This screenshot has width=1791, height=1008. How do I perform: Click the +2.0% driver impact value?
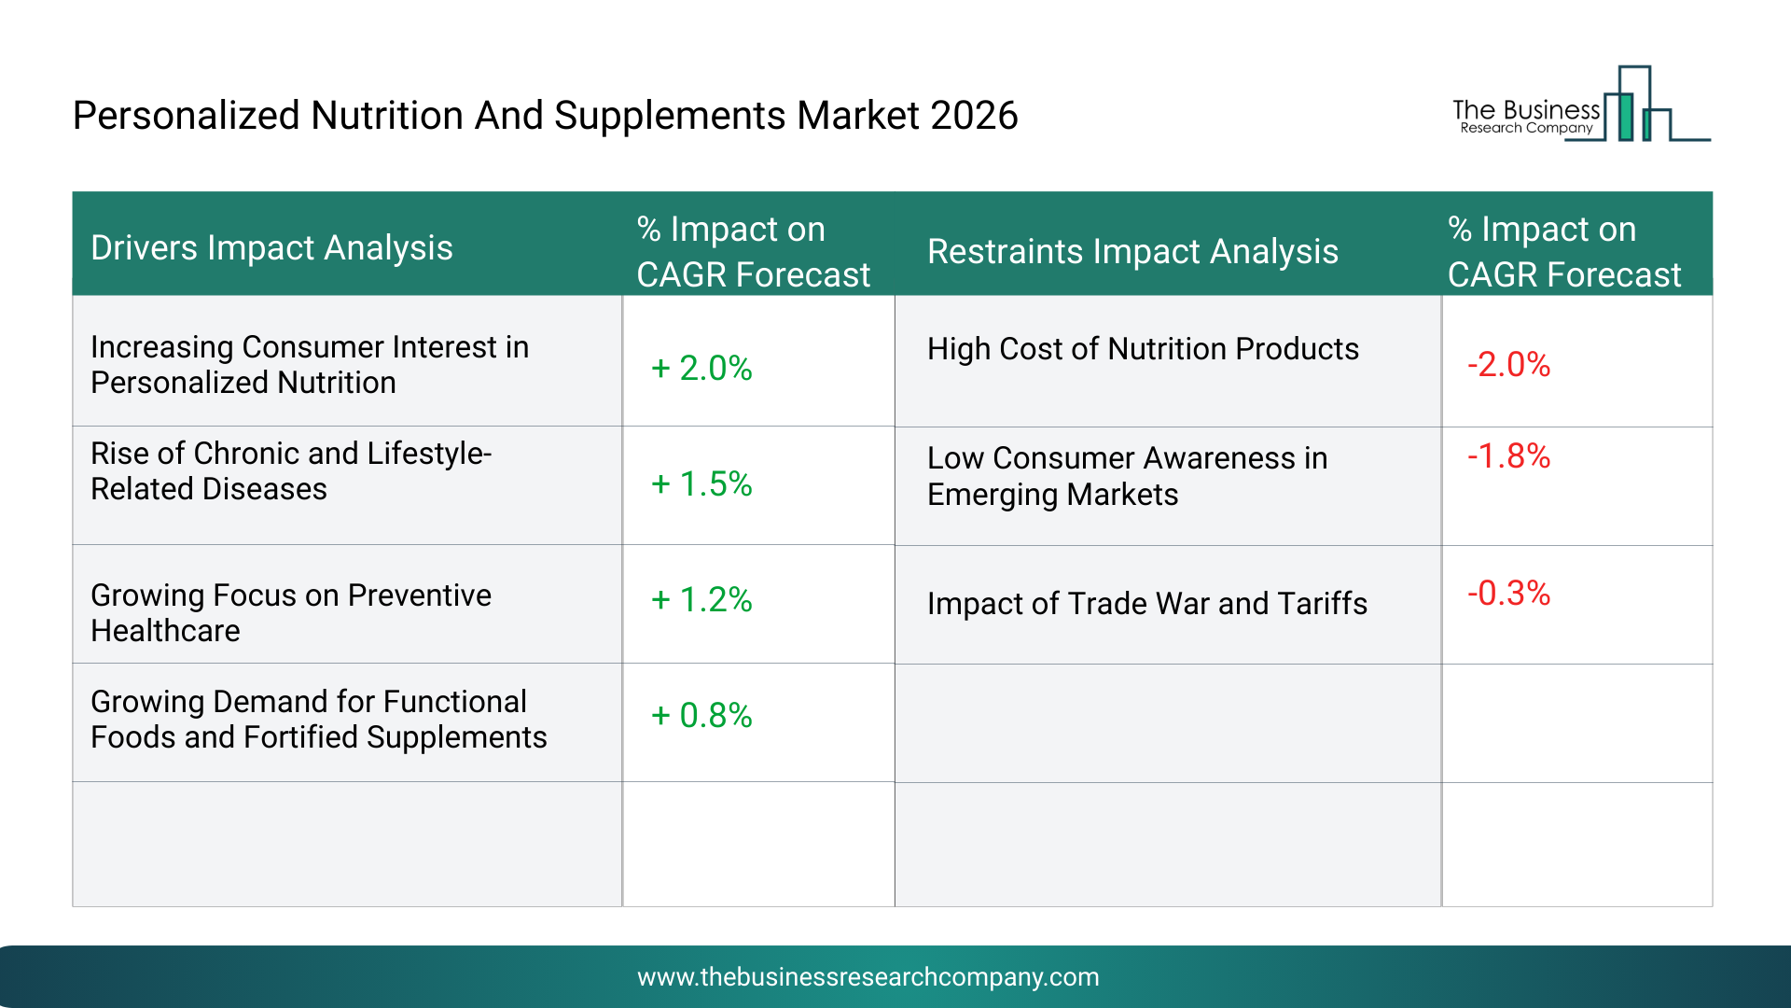(701, 368)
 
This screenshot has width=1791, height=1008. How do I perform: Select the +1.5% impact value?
(701, 483)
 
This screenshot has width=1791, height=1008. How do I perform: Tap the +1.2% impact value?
(701, 599)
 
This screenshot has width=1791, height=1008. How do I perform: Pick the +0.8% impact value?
(701, 715)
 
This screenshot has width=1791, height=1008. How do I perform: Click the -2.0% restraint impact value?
(1508, 364)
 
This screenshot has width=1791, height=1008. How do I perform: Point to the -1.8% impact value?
(1508, 455)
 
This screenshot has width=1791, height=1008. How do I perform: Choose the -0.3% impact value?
(1508, 593)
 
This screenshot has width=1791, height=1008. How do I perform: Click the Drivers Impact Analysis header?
(271, 247)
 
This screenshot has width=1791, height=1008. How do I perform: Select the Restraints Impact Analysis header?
(1132, 251)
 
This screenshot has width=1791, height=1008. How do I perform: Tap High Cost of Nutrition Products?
(1143, 348)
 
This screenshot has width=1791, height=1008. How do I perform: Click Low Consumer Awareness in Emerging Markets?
(1127, 476)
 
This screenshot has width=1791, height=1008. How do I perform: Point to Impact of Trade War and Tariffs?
(1146, 603)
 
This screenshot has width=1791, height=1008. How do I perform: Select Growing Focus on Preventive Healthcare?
(290, 612)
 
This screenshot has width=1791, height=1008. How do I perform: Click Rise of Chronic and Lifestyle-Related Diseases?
(290, 470)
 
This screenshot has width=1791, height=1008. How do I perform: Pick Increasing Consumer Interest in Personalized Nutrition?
(309, 364)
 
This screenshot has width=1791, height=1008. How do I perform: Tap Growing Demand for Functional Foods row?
(318, 719)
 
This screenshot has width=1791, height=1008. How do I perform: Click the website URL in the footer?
(868, 976)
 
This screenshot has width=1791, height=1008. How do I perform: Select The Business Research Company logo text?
(1526, 117)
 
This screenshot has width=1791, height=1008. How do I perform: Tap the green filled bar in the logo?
(1626, 118)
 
